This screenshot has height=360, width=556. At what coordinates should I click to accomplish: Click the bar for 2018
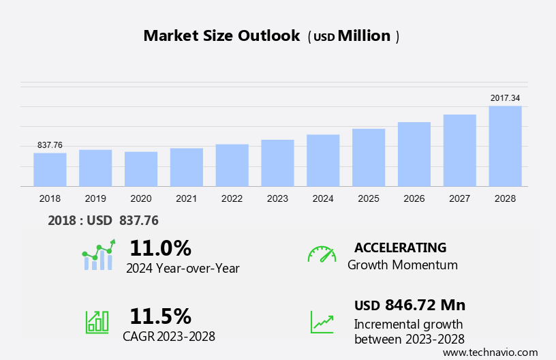tap(50, 169)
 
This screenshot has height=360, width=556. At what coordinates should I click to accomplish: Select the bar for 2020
tap(141, 168)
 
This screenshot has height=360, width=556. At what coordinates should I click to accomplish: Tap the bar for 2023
tap(277, 163)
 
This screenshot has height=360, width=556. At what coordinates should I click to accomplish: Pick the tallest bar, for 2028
tap(505, 146)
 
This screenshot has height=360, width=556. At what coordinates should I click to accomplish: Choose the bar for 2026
tap(414, 154)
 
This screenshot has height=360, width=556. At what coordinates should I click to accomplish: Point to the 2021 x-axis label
tap(186, 198)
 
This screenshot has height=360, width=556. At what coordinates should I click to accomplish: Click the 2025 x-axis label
tap(369, 198)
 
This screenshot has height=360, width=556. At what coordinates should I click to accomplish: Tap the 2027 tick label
tap(459, 198)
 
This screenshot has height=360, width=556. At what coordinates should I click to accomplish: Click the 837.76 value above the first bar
tap(50, 145)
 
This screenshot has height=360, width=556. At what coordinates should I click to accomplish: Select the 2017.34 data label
tap(505, 98)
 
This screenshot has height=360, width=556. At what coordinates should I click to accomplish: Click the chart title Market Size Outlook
tap(221, 36)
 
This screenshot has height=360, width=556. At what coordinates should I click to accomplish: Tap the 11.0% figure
tap(160, 247)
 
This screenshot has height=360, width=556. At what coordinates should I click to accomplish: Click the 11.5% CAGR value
tap(160, 316)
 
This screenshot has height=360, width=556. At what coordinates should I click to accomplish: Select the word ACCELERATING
tap(400, 247)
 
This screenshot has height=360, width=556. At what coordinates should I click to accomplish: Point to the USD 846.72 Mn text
tap(410, 305)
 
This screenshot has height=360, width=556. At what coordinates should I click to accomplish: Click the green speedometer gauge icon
tap(322, 254)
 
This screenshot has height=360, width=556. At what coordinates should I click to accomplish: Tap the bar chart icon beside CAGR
tap(97, 322)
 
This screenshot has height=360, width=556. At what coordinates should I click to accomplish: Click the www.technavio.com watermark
tap(490, 352)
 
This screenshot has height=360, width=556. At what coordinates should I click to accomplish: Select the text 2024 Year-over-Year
tap(183, 268)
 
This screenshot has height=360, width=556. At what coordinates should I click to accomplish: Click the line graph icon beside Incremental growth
tap(322, 322)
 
